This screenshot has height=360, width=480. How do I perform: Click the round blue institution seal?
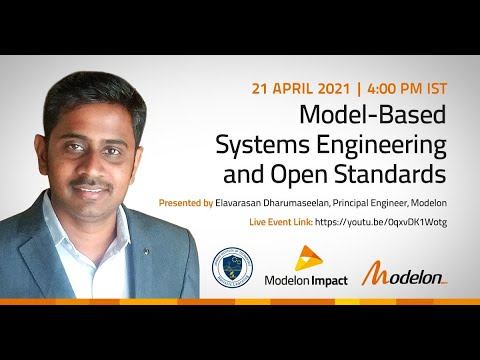pos(233,268)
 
